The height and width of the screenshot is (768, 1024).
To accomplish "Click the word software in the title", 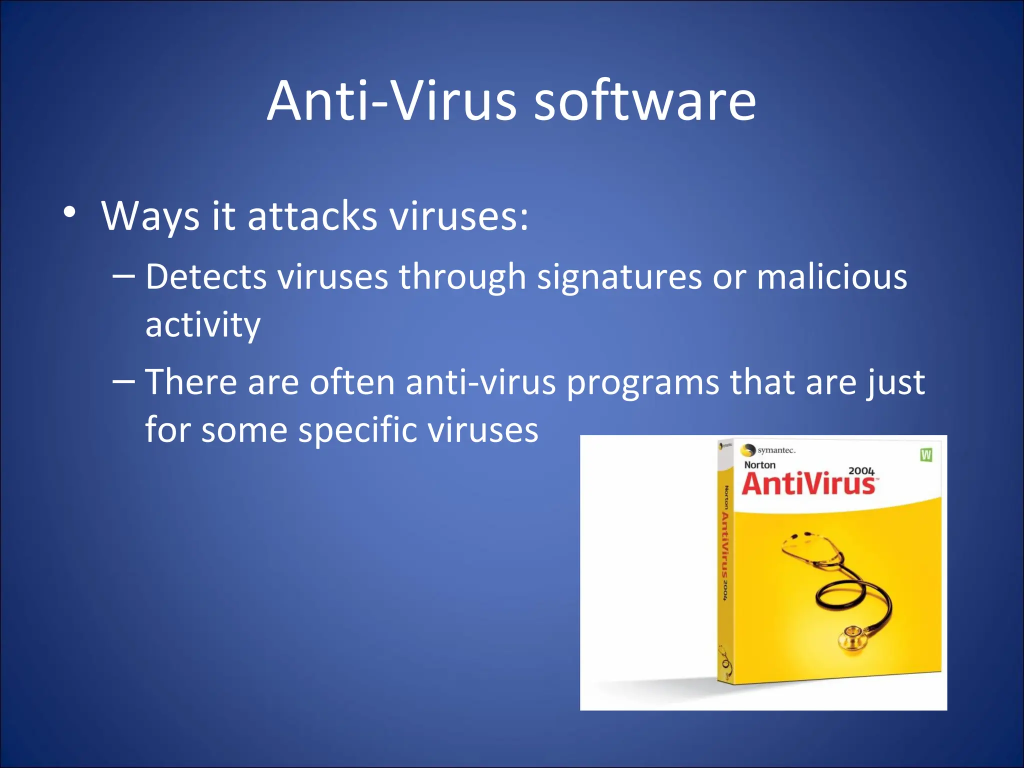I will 645,101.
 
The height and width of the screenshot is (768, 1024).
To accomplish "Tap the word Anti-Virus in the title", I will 392,101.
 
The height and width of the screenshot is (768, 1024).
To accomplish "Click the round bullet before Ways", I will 70,212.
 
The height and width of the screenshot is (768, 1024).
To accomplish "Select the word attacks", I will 312,216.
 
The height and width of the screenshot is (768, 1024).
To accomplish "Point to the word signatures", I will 619,277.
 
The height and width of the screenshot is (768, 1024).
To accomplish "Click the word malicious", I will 831,277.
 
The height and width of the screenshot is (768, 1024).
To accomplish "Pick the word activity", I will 203,325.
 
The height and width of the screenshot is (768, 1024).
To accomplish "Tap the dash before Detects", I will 124,275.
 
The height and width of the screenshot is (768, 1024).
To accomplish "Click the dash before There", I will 124,381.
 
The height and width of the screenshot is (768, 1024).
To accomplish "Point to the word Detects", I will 206,277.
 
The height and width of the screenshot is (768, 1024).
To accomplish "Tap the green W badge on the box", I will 926,454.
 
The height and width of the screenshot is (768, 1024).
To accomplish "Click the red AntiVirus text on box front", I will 808,484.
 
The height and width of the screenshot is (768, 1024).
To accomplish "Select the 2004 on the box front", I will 861,471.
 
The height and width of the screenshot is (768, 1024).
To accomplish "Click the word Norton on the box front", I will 759,465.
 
